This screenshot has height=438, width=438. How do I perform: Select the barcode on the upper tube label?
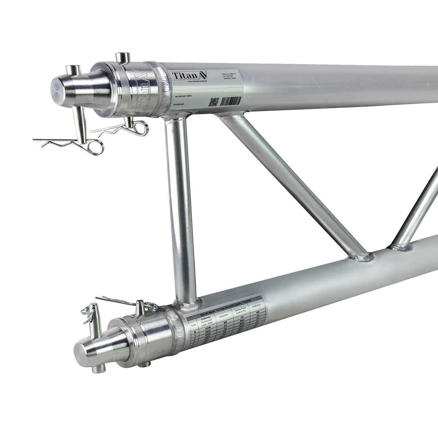[x=230, y=100]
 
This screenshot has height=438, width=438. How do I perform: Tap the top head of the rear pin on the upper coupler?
[x=122, y=57]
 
